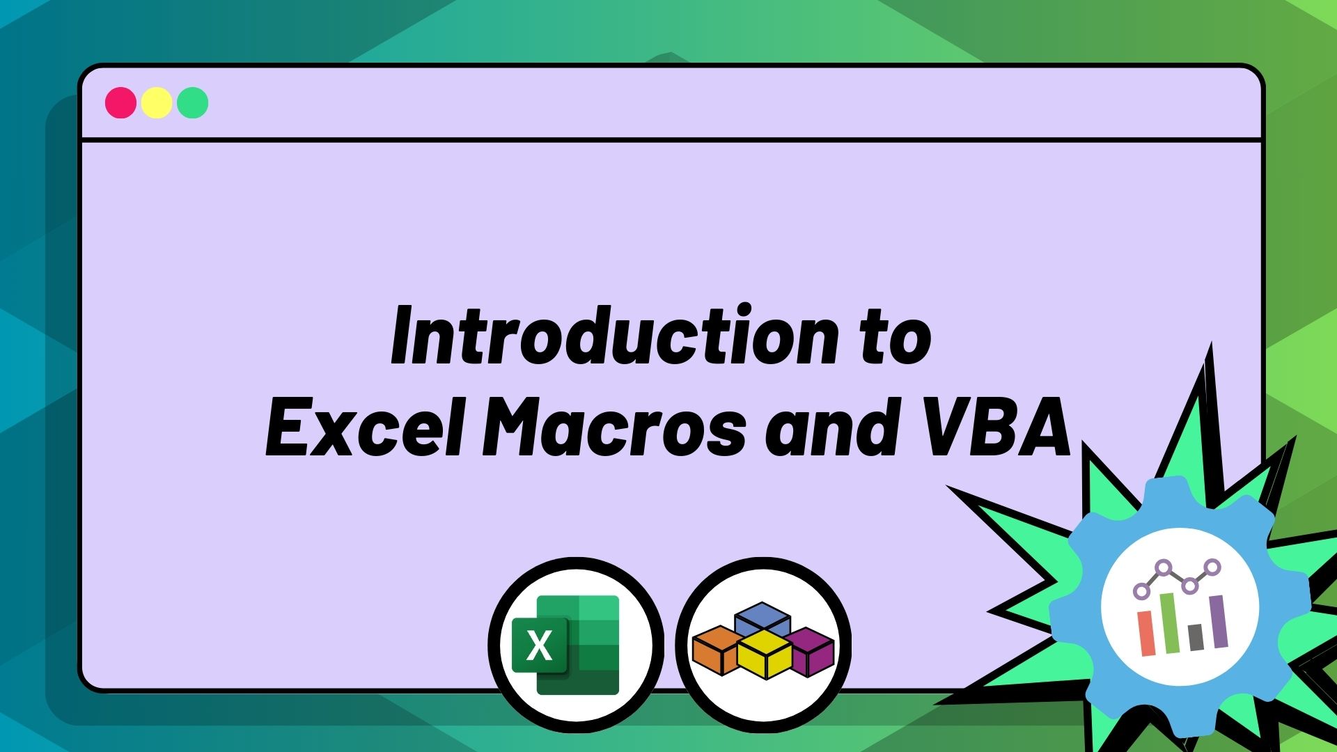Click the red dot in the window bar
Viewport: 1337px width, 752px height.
click(x=120, y=103)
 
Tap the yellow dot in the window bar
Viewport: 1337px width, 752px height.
click(x=157, y=103)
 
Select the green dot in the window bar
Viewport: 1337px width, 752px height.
click(x=193, y=103)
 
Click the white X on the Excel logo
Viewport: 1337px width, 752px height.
click(x=540, y=645)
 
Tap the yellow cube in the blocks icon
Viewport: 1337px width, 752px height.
click(x=764, y=655)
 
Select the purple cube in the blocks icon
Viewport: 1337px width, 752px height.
click(x=811, y=651)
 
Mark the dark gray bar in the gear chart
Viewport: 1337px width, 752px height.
click(x=1196, y=637)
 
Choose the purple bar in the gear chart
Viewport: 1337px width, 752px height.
click(x=1218, y=621)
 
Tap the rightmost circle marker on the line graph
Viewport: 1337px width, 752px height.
click(x=1212, y=567)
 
